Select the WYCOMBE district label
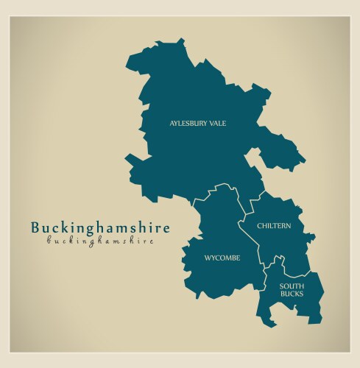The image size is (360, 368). pyautogui.click(x=222, y=258)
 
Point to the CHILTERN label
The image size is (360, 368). pyautogui.click(x=274, y=225)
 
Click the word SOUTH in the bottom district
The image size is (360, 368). pyautogui.click(x=291, y=286)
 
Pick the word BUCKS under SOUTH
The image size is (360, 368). pyautogui.click(x=291, y=294)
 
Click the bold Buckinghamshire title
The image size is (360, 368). pyautogui.click(x=100, y=227)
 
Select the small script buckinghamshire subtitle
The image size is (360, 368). pyautogui.click(x=100, y=241)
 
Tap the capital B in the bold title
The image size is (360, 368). pyautogui.click(x=36, y=227)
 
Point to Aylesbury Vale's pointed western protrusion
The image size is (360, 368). pyautogui.click(x=130, y=159)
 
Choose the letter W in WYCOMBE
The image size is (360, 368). pyautogui.click(x=208, y=258)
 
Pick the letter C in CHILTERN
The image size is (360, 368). pyautogui.click(x=260, y=225)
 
